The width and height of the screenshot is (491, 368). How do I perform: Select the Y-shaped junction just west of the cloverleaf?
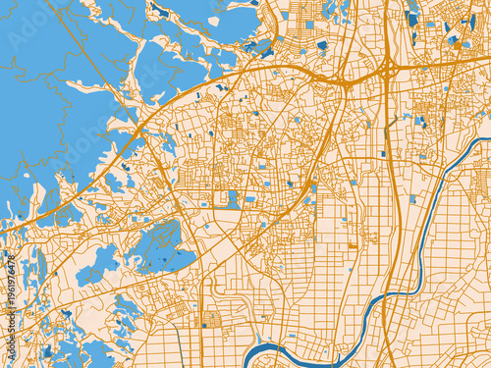(348, 83)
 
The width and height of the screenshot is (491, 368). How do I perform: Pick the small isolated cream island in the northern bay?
(213, 21)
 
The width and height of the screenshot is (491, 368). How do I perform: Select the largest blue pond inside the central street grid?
(233, 197)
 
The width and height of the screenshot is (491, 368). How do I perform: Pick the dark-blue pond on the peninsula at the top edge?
(157, 10)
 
